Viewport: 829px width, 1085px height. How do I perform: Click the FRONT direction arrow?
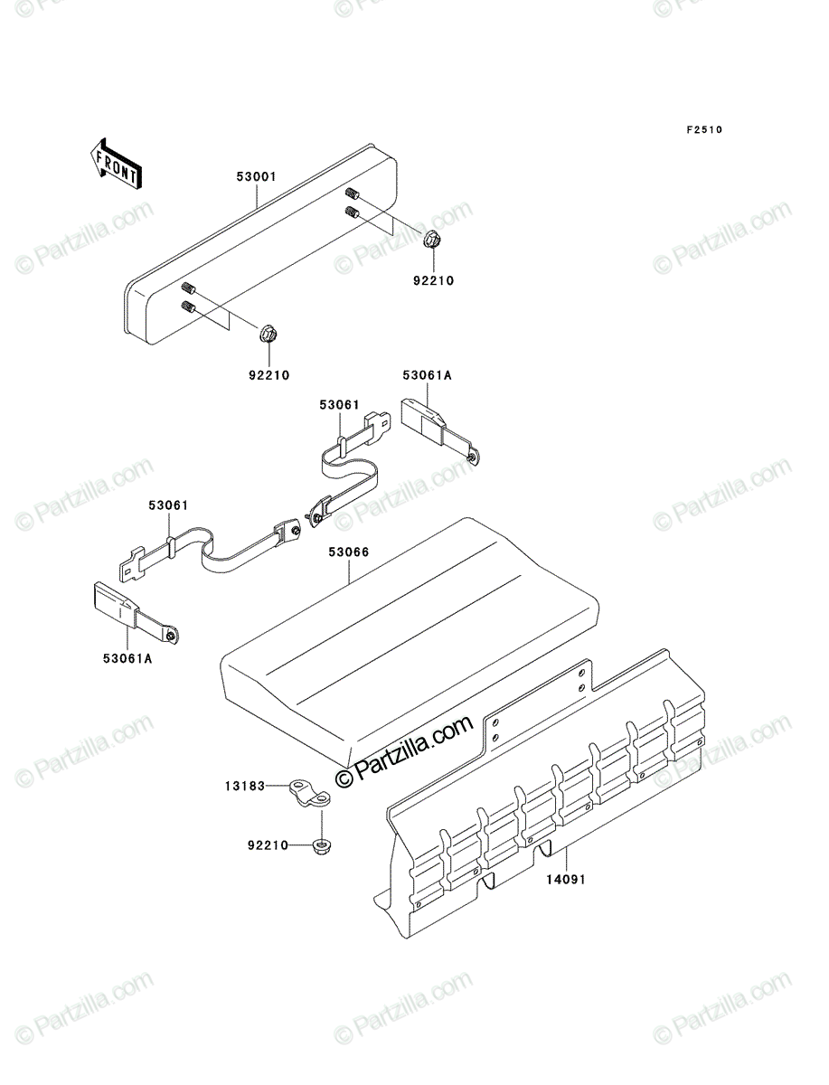pos(116,165)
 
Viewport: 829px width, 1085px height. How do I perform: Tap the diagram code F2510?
pos(704,130)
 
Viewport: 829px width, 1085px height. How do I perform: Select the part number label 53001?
pos(256,177)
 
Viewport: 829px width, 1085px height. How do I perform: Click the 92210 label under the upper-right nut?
pos(433,281)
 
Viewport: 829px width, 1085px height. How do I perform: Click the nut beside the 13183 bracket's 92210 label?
pos(322,845)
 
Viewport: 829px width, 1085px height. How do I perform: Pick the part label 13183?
pos(245,786)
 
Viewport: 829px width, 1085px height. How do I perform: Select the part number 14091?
pos(566,880)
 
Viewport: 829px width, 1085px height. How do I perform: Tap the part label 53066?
pos(349,552)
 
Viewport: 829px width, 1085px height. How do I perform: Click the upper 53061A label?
pos(428,375)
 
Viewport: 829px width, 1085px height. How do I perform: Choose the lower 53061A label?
pos(127,658)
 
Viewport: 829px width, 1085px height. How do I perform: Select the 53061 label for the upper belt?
pos(339,405)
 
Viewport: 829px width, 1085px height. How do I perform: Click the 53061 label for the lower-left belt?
pos(169,505)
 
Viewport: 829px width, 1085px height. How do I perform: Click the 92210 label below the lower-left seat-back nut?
pos(269,375)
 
